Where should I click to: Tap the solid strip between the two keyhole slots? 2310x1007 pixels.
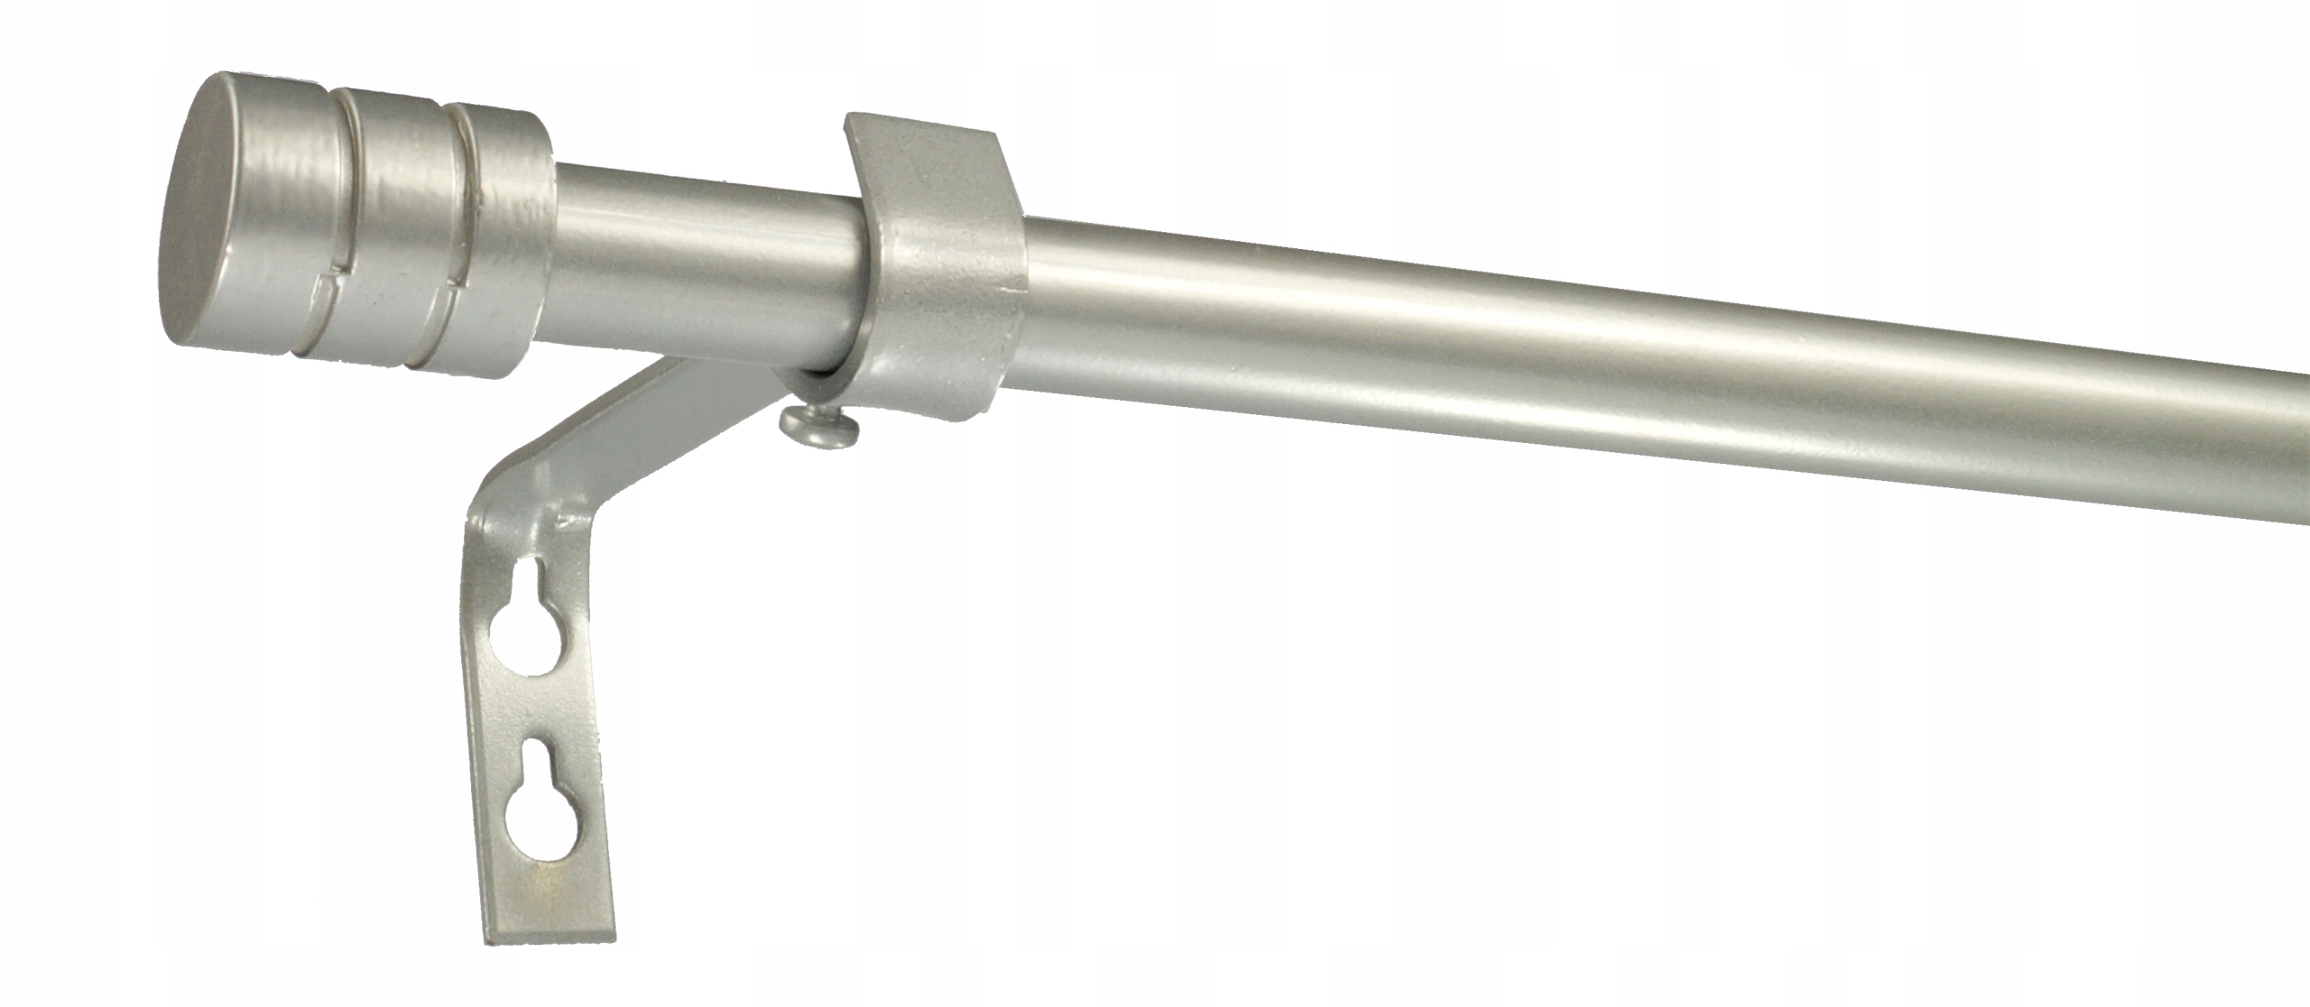pos(541,713)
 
